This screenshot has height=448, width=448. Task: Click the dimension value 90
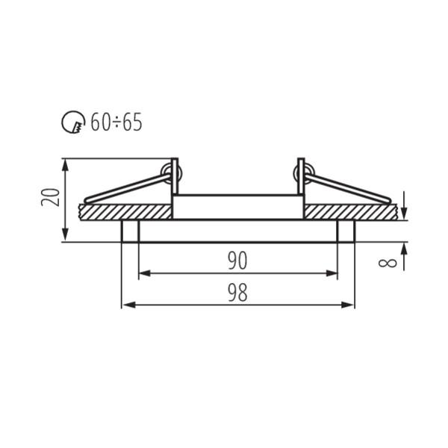coord(237,260)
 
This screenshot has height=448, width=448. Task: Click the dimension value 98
coord(237,293)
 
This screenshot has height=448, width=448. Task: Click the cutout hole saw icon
coord(73,122)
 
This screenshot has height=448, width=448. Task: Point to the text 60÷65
coord(116,122)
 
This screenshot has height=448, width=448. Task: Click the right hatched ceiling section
coord(351,211)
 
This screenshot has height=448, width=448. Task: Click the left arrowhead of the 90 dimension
coord(143,273)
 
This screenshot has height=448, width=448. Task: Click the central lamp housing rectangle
coord(237,207)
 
